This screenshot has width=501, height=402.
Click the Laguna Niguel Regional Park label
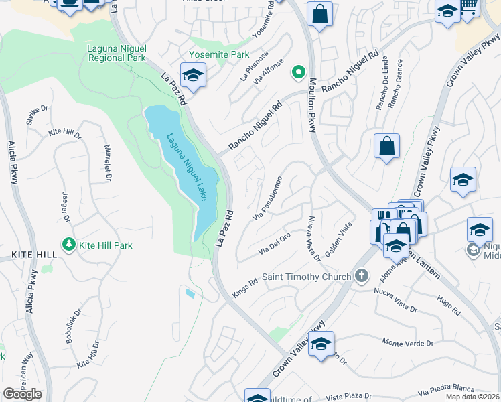pyautogui.click(x=117, y=53)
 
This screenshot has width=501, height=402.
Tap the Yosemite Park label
pyautogui.click(x=218, y=54)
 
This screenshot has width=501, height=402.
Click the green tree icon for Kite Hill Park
pyautogui.click(x=68, y=245)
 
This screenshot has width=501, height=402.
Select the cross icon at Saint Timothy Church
pyautogui.click(x=362, y=276)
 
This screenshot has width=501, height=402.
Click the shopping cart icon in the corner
pyautogui.click(x=470, y=6)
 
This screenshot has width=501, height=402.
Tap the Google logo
pyautogui.click(x=22, y=394)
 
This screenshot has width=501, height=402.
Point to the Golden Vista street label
pyautogui.click(x=338, y=239)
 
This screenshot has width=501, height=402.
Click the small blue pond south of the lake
pyautogui.click(x=190, y=293)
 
